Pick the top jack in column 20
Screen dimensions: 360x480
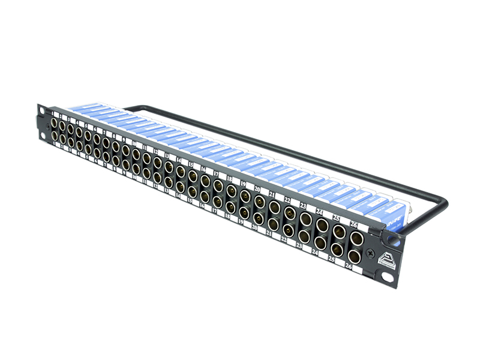[259, 203]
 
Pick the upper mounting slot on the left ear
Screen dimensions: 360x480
[41, 112]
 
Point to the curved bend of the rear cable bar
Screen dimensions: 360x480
[441, 207]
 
